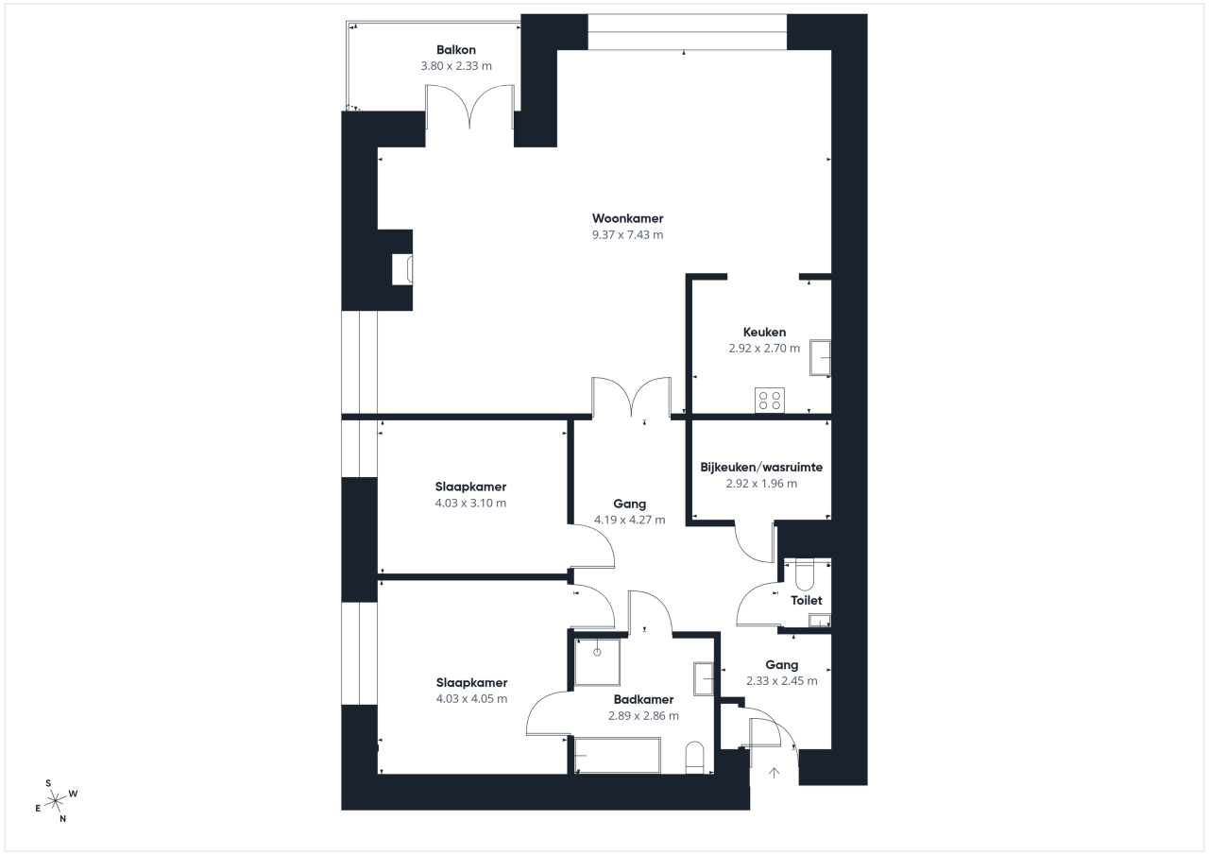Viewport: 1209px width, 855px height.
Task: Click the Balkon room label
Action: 456,50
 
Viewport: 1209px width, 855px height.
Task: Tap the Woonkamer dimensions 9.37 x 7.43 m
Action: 628,235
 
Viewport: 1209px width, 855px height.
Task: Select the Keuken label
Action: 764,332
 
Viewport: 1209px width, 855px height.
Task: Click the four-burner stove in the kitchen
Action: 770,401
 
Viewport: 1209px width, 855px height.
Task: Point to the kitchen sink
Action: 820,357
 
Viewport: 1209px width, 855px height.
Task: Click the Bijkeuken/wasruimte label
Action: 761,468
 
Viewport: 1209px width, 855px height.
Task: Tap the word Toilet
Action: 807,600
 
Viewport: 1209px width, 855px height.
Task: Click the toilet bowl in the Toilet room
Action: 804,574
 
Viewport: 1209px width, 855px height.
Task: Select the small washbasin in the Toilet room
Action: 819,621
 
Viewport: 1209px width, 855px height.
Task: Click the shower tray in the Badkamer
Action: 597,661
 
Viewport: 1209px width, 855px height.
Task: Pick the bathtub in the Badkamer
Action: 618,755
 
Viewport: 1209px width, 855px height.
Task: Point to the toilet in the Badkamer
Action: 694,758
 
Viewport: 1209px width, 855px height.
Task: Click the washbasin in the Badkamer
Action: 704,678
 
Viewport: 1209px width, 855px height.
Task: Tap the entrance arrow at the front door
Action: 774,773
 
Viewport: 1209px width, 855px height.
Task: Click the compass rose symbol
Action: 56,800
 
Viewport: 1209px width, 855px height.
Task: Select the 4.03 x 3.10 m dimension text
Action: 470,503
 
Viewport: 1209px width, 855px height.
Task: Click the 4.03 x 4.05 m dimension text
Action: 471,698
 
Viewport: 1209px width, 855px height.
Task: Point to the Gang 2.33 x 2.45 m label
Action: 781,673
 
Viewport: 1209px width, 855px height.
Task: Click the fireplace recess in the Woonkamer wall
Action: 402,269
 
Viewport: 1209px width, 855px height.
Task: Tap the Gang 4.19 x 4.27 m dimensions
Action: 630,520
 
